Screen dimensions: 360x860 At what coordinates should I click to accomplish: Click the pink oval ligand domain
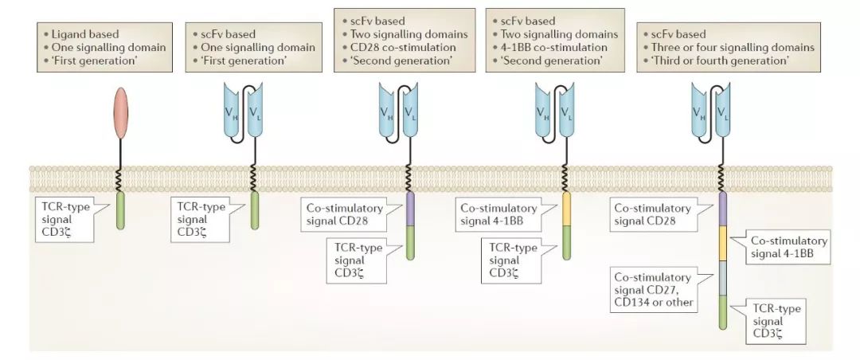(120, 108)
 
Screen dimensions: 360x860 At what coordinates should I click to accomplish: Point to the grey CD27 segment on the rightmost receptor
(722, 279)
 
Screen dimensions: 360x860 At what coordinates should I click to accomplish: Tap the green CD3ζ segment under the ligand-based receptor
(120, 215)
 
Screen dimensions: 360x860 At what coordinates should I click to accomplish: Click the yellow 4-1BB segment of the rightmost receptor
(722, 243)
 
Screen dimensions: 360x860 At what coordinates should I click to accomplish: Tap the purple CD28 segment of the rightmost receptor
(722, 209)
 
